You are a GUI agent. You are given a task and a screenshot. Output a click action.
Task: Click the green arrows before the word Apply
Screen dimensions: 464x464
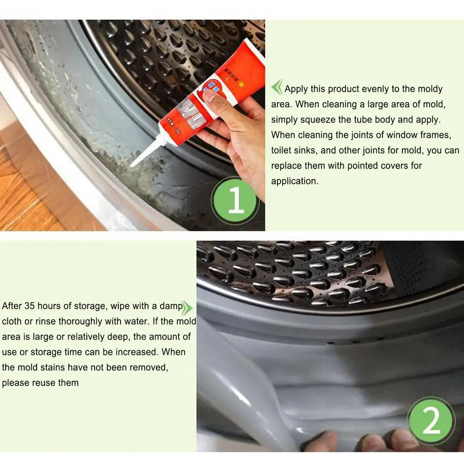[277, 87]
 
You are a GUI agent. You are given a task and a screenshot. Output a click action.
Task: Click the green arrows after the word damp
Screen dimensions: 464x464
[187, 307]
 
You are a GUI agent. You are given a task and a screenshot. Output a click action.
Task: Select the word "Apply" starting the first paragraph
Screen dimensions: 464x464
[296, 89]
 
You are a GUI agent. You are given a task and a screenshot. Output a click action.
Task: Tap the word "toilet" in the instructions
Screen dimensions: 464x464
[283, 150]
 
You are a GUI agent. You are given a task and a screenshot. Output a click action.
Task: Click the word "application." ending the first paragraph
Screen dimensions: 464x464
[295, 181]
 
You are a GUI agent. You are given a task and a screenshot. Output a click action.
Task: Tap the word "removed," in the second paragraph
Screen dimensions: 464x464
[148, 367]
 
